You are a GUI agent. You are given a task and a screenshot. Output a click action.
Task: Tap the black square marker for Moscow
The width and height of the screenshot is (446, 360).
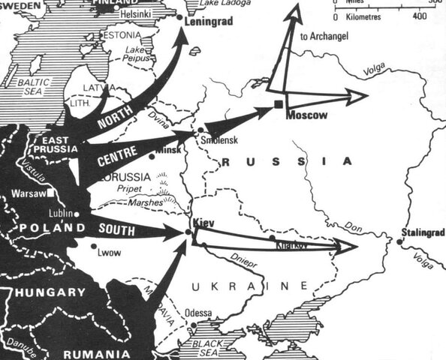point(279,103)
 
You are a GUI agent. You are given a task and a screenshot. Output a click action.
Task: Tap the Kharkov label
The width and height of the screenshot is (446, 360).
point(291,245)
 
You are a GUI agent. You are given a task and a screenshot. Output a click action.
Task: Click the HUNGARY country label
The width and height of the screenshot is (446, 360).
point(53,292)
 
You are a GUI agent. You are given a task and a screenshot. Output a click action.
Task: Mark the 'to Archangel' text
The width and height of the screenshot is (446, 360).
point(324,35)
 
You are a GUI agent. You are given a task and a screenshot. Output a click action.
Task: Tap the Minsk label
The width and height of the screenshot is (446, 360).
point(167,151)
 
